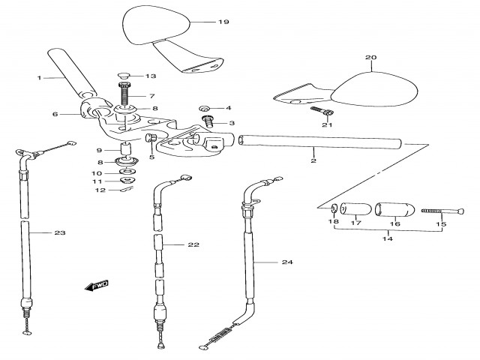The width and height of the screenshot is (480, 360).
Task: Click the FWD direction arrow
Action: [x=97, y=285]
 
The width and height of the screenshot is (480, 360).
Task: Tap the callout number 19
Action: [x=223, y=22]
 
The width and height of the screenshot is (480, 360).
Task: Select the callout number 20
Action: [x=369, y=58]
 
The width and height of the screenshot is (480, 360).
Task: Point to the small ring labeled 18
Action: [x=334, y=208]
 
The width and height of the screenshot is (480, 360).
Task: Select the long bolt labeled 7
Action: [x=124, y=95]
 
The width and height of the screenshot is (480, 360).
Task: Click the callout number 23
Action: [x=60, y=233]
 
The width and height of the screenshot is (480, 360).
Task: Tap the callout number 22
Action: [x=193, y=245]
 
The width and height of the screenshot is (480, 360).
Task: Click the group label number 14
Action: [x=388, y=238]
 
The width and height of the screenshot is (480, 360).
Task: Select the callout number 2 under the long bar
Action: [x=313, y=160]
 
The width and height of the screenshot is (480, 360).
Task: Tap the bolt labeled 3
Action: [x=208, y=121]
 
